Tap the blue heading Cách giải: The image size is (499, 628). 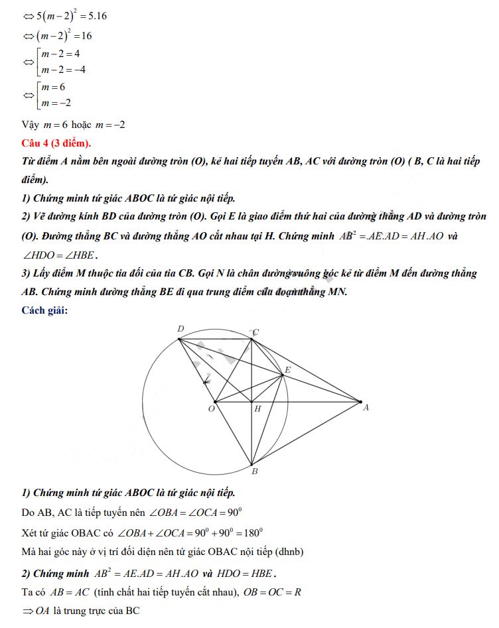tap(44, 310)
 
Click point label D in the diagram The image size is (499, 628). tap(180, 329)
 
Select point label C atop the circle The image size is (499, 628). tap(255, 332)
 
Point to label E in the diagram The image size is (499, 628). tap(287, 369)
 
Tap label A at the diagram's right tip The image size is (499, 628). tap(366, 408)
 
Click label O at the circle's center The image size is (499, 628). tap(211, 408)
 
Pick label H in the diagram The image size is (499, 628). tap(257, 409)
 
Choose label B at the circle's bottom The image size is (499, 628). tap(255, 471)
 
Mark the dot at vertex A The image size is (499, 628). tap(360, 401)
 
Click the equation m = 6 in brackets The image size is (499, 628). tap(52, 88)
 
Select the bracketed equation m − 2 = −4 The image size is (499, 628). tap(62, 70)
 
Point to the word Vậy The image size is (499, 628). tap(31, 124)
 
